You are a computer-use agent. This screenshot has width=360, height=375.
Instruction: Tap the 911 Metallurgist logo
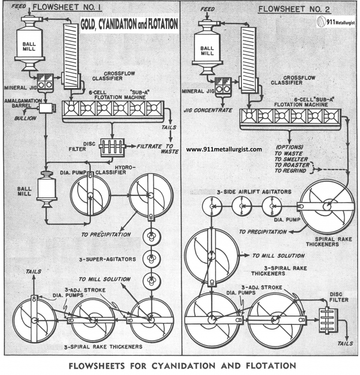tap(335, 22)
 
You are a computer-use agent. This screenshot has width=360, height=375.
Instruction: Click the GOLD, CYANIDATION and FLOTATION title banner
tap(129, 24)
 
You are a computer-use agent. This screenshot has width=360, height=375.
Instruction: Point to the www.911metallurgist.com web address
tap(224, 149)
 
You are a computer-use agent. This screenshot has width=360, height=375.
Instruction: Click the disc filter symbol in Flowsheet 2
tap(328, 321)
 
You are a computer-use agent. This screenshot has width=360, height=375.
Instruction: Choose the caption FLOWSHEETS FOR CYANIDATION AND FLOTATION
tap(180, 365)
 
